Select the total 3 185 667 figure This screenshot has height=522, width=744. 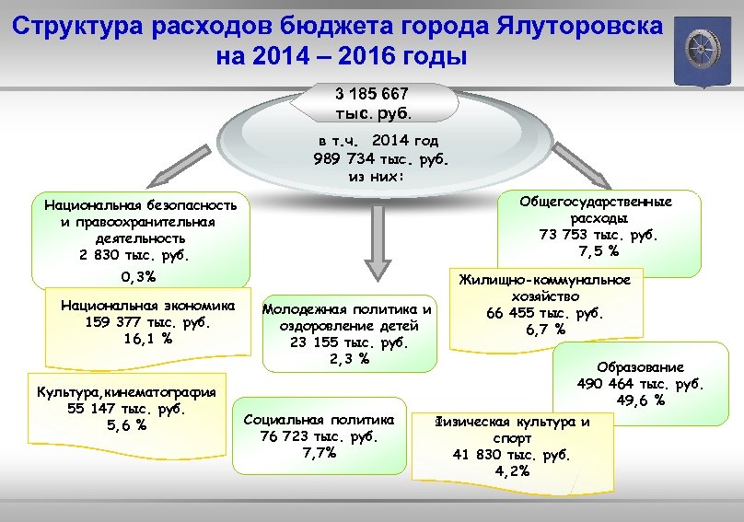[x=372, y=94]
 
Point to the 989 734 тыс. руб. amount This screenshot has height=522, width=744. [x=380, y=157]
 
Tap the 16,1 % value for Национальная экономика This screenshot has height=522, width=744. [x=147, y=338]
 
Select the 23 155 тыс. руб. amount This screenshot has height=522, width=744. [x=347, y=342]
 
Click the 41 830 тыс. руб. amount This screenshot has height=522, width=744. [x=512, y=455]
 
